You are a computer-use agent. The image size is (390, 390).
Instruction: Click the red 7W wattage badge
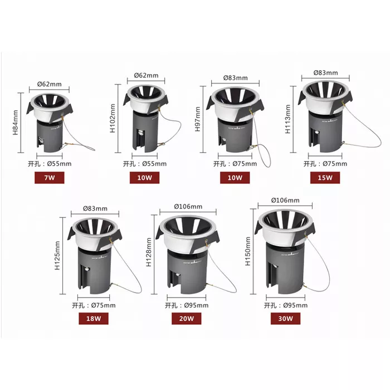coord(49,178)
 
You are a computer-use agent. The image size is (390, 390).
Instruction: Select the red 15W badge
coord(325,178)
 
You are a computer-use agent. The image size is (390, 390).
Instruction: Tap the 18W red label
coord(94,318)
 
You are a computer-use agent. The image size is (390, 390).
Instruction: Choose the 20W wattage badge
coord(186,318)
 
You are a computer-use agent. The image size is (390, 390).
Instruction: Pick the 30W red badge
coord(285,318)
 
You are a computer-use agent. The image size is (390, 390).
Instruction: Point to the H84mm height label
coord(16,123)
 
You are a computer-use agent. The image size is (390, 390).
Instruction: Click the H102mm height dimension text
coord(113,118)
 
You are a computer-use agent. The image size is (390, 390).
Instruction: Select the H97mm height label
coord(197,119)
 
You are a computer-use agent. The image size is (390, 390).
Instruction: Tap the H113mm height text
coord(287,119)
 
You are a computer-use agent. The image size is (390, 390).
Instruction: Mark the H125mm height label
coord(57,255)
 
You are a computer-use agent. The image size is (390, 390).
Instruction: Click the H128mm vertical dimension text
coord(149,252)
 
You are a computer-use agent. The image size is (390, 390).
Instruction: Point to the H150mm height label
coord(248,251)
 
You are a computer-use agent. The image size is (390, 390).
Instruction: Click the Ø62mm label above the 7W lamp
coord(50,84)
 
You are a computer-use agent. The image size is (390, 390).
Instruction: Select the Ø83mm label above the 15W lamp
coord(325,72)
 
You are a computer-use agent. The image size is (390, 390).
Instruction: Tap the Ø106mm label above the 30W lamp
coord(285,200)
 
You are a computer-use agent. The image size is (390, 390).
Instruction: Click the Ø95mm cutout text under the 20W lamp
coord(196,305)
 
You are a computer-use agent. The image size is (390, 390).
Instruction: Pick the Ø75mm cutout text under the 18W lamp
coord(103,305)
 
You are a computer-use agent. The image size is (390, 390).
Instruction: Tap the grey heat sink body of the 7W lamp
coord(50,136)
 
